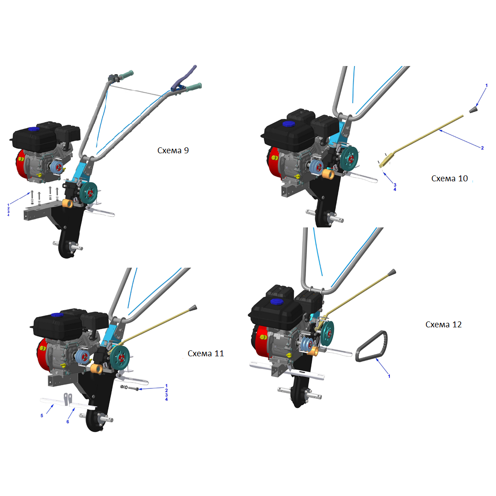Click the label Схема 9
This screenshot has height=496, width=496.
point(173,150)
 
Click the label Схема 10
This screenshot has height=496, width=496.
point(449,179)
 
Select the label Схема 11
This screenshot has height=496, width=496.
point(206,353)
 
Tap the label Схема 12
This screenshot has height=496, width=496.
point(444,325)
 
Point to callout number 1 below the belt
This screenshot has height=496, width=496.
point(389,376)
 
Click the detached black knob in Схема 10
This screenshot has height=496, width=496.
point(473,110)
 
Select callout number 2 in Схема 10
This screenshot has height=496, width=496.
point(482,148)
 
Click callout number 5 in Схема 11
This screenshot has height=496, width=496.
point(42,416)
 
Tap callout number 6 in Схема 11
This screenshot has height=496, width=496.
point(68,422)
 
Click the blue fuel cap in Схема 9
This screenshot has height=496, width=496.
point(34,129)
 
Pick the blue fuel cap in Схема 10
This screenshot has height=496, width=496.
point(288,124)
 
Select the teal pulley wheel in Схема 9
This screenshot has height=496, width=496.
point(89,193)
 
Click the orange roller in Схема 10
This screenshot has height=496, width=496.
point(328,174)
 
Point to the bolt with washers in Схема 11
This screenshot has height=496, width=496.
point(130,387)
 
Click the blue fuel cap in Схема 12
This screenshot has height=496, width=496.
point(277,302)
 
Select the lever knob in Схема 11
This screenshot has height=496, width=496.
point(193,308)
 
